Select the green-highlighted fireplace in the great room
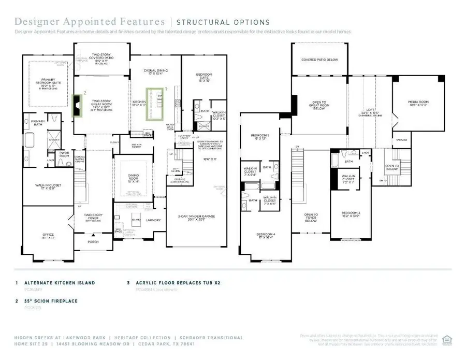[78, 107]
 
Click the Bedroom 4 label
[267, 236]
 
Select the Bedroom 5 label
[259, 137]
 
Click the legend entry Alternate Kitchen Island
[62, 283]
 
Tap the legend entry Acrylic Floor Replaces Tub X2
[184, 283]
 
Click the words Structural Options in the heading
[223, 22]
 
